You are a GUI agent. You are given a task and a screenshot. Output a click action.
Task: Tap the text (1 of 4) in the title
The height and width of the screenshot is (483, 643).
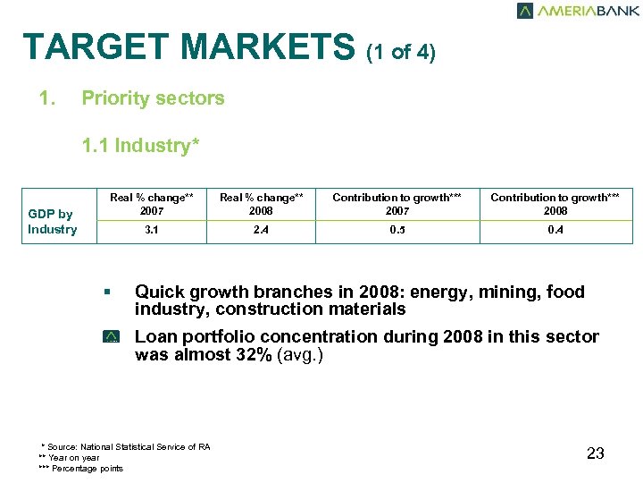click(x=401, y=52)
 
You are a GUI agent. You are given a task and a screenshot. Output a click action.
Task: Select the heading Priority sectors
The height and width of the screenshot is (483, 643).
click(x=153, y=98)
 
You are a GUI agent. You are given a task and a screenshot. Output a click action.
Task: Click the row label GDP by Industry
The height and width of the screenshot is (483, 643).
click(x=52, y=222)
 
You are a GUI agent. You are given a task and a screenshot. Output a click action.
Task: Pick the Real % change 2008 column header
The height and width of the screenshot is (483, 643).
click(x=262, y=203)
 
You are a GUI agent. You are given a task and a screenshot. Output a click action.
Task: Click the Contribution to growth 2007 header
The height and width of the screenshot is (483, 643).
click(x=397, y=203)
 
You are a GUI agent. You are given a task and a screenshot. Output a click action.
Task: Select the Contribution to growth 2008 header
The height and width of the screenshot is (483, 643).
click(x=555, y=203)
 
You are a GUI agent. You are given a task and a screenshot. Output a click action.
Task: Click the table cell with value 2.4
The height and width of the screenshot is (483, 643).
click(x=262, y=230)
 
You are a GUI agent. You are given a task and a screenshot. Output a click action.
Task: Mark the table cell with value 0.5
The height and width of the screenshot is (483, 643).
click(x=397, y=230)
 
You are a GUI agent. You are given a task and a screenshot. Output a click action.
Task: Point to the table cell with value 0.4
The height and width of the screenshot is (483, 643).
click(x=555, y=230)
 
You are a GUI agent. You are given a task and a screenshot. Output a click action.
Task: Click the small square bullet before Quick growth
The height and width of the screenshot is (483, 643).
click(x=106, y=292)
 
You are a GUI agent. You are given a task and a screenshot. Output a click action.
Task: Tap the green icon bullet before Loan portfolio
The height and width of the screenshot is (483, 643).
click(x=111, y=337)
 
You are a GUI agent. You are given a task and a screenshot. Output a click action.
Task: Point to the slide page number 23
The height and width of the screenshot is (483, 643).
click(x=596, y=453)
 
